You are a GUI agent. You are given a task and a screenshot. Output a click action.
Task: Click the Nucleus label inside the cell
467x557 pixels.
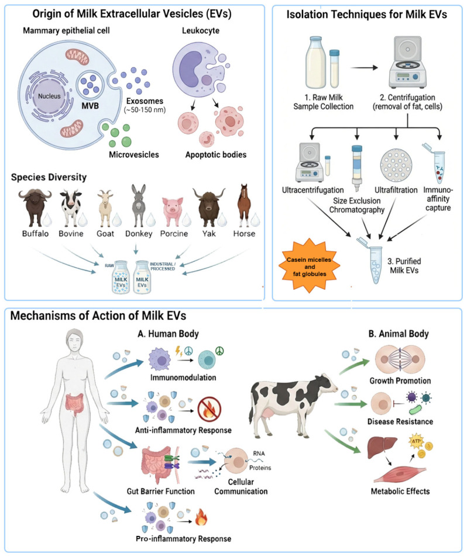point(49,96)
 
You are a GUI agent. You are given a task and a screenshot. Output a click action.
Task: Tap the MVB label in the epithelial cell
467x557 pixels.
point(90,106)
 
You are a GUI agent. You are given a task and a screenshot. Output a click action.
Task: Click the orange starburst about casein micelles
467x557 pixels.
point(310,266)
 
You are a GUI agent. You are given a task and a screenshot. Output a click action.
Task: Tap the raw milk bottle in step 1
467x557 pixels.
point(315,63)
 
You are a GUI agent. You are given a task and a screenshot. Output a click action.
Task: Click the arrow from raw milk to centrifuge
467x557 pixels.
point(364,67)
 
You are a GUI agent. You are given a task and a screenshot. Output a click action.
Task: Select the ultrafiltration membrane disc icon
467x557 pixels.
point(396,165)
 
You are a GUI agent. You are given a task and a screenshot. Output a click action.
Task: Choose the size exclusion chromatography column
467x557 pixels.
point(357,168)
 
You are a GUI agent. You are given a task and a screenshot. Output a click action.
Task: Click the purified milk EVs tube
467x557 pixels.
point(374,263)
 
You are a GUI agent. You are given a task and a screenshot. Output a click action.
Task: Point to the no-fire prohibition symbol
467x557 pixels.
point(210,409)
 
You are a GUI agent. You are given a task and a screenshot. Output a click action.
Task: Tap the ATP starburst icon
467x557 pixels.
point(416,441)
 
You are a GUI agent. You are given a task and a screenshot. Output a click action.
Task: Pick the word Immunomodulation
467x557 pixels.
point(183,377)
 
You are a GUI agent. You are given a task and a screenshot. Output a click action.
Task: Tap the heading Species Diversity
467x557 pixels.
point(49,177)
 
